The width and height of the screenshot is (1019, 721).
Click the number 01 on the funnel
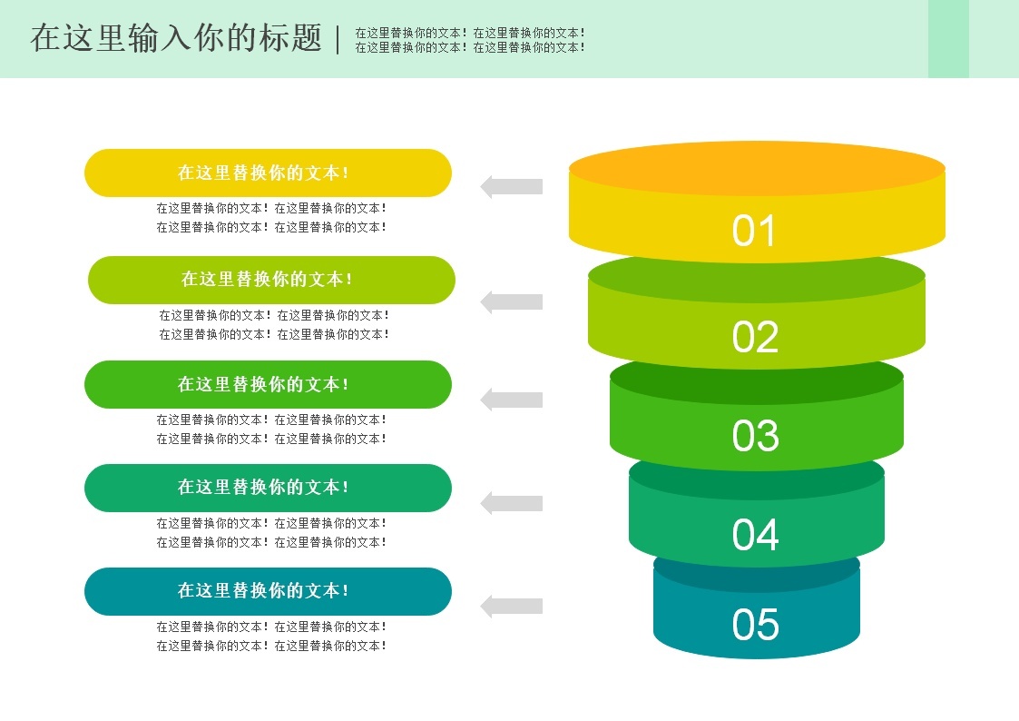(754, 231)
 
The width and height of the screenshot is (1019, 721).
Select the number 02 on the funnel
(755, 337)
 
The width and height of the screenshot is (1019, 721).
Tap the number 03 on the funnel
(755, 436)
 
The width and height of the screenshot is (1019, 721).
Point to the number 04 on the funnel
(755, 535)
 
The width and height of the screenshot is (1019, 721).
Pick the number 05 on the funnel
(755, 625)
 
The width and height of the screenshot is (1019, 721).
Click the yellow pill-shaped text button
(268, 173)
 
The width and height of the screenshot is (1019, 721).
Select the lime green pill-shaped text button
(271, 280)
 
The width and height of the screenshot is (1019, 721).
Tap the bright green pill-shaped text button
(268, 384)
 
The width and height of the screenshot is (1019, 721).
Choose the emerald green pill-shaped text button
(268, 488)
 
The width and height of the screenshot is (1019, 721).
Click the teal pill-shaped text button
(268, 591)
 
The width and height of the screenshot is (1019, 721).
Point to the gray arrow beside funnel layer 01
(511, 187)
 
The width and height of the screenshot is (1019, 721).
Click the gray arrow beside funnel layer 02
(511, 302)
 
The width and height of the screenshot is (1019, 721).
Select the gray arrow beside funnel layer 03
(511, 400)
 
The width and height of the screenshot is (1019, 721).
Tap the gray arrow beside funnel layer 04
(511, 503)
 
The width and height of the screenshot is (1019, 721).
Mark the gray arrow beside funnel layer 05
(511, 606)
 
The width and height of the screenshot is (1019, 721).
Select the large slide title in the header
(176, 39)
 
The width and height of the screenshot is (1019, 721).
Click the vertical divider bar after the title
(338, 39)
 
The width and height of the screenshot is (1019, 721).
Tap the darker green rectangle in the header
(948, 39)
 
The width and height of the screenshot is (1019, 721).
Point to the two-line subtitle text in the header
(469, 40)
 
